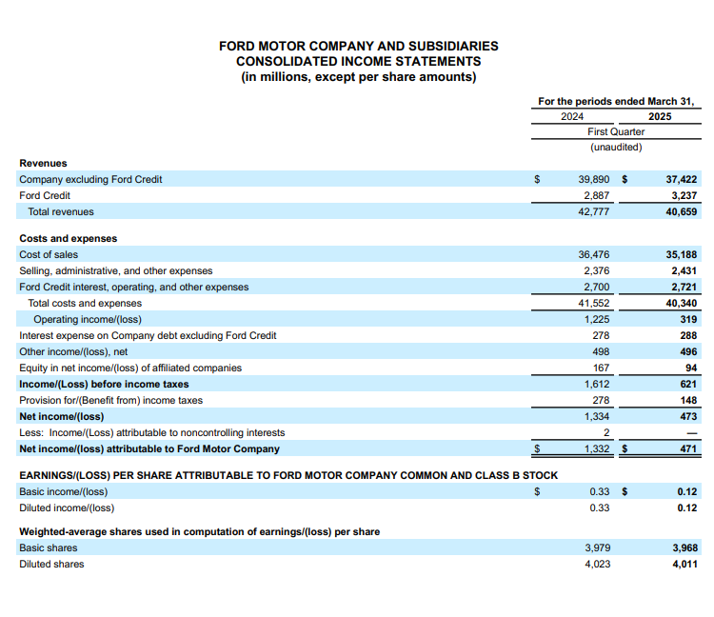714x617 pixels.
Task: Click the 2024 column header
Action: click(572, 116)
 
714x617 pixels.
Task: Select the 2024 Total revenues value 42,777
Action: click(593, 211)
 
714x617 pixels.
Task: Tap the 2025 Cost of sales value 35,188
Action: click(681, 255)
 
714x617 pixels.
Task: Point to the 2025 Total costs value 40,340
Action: click(681, 303)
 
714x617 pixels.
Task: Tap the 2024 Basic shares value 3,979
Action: click(596, 547)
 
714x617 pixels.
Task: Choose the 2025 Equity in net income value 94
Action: click(690, 368)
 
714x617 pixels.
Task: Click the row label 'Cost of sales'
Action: click(49, 255)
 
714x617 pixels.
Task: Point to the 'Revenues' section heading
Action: click(43, 163)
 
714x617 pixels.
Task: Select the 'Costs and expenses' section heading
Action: click(68, 238)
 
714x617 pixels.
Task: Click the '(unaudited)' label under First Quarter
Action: click(616, 147)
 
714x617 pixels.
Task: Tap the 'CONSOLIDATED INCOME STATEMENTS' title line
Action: click(358, 61)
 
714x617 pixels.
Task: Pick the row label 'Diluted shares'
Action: click(51, 564)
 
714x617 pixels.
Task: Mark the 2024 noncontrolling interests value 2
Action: click(605, 432)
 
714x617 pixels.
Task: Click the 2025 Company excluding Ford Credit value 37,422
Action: click(681, 179)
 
